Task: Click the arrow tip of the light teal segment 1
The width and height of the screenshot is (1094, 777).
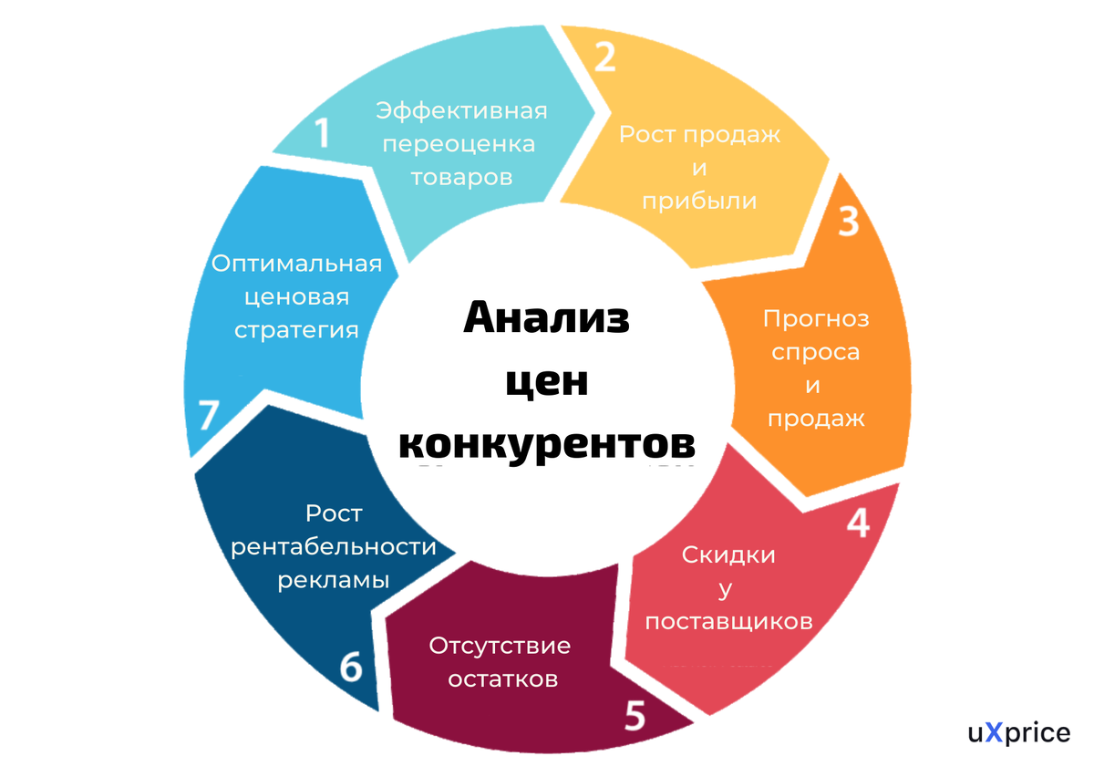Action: point(595,112)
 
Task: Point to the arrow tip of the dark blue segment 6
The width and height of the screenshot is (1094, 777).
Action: point(456,554)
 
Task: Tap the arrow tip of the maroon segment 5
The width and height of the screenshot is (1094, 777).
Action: point(694,721)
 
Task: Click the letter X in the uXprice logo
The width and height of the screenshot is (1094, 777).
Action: point(994,732)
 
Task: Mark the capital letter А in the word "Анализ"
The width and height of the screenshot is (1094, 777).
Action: point(482,317)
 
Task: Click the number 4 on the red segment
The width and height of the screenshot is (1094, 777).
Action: point(858,523)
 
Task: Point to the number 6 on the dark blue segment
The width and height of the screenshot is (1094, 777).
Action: point(351,666)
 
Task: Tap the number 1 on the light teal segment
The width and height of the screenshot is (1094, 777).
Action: point(322,132)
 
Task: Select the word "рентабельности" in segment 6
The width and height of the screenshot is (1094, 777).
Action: point(334,547)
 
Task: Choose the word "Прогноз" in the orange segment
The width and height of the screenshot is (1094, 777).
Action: point(816,318)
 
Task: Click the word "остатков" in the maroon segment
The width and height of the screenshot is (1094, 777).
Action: point(503,679)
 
